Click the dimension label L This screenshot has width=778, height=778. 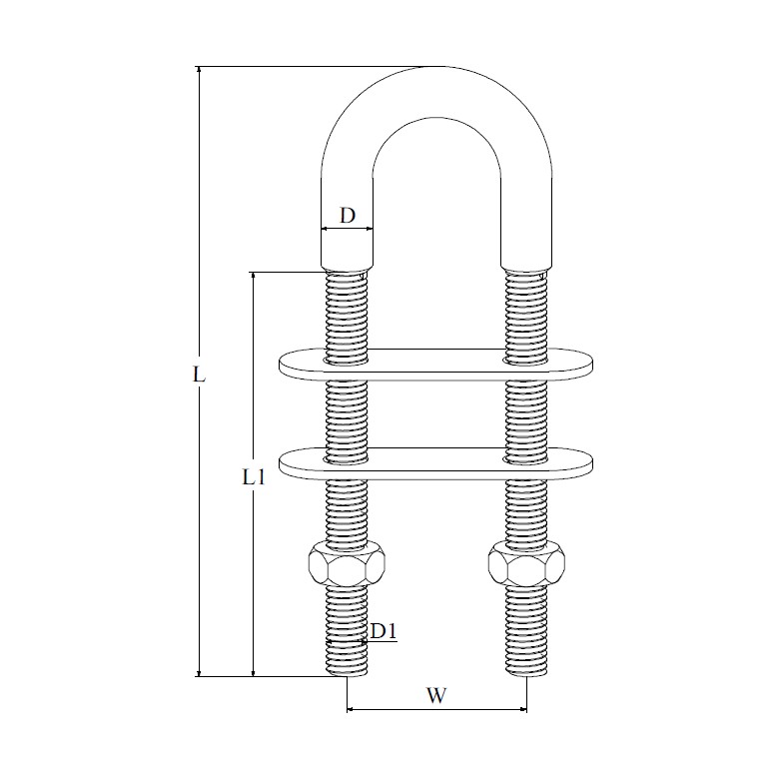click(x=199, y=375)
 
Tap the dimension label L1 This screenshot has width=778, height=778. click(x=254, y=477)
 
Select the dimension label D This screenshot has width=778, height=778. click(x=348, y=216)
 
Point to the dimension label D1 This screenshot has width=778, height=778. click(x=384, y=631)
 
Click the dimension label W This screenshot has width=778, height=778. click(x=436, y=695)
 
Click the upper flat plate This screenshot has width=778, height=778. click(x=435, y=365)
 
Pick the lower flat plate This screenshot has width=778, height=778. click(x=435, y=464)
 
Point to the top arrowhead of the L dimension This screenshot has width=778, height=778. click(x=199, y=70)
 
